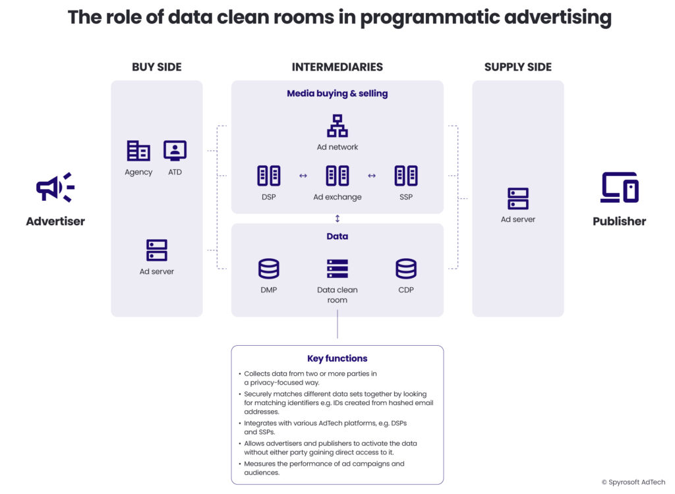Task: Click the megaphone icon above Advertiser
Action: pyautogui.click(x=55, y=188)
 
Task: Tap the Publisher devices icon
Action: pyautogui.click(x=619, y=188)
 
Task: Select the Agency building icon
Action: pyautogui.click(x=138, y=151)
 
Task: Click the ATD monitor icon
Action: pyautogui.click(x=175, y=151)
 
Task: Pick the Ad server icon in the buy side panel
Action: pyautogui.click(x=157, y=250)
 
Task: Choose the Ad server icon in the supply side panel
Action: pyautogui.click(x=518, y=198)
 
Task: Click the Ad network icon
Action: pyautogui.click(x=337, y=126)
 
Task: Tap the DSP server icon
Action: pyautogui.click(x=268, y=176)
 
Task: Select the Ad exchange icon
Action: pyautogui.click(x=337, y=176)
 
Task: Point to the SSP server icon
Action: pyautogui.click(x=406, y=176)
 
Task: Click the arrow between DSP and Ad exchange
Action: pyautogui.click(x=303, y=176)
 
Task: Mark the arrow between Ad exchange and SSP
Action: pyautogui.click(x=372, y=176)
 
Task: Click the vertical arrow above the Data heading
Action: pyautogui.click(x=337, y=219)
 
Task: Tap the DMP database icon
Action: pyautogui.click(x=268, y=269)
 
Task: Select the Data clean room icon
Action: pyautogui.click(x=337, y=269)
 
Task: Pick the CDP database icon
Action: pyautogui.click(x=406, y=269)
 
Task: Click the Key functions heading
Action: pyautogui.click(x=337, y=359)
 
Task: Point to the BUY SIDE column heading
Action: pyautogui.click(x=157, y=67)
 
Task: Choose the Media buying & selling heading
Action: pyautogui.click(x=337, y=94)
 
